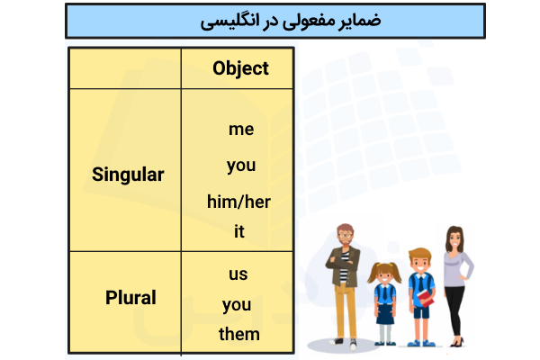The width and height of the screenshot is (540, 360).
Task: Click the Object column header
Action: (x=240, y=68)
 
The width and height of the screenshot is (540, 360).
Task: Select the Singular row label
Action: (x=128, y=175)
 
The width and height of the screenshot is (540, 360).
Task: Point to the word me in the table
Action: (x=241, y=129)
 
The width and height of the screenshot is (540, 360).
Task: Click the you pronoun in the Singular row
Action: (x=241, y=166)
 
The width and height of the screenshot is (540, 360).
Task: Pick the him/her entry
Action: (x=238, y=201)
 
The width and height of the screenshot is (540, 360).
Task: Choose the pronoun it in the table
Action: (x=239, y=231)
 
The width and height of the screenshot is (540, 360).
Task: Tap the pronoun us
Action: (x=238, y=274)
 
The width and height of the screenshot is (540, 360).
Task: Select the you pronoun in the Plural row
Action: (x=237, y=304)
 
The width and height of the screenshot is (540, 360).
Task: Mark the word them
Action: (x=238, y=335)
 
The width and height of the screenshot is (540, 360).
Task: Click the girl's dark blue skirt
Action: (x=384, y=312)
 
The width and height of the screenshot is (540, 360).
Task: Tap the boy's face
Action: (x=418, y=264)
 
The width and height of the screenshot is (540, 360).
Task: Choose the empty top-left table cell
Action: (x=125, y=68)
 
